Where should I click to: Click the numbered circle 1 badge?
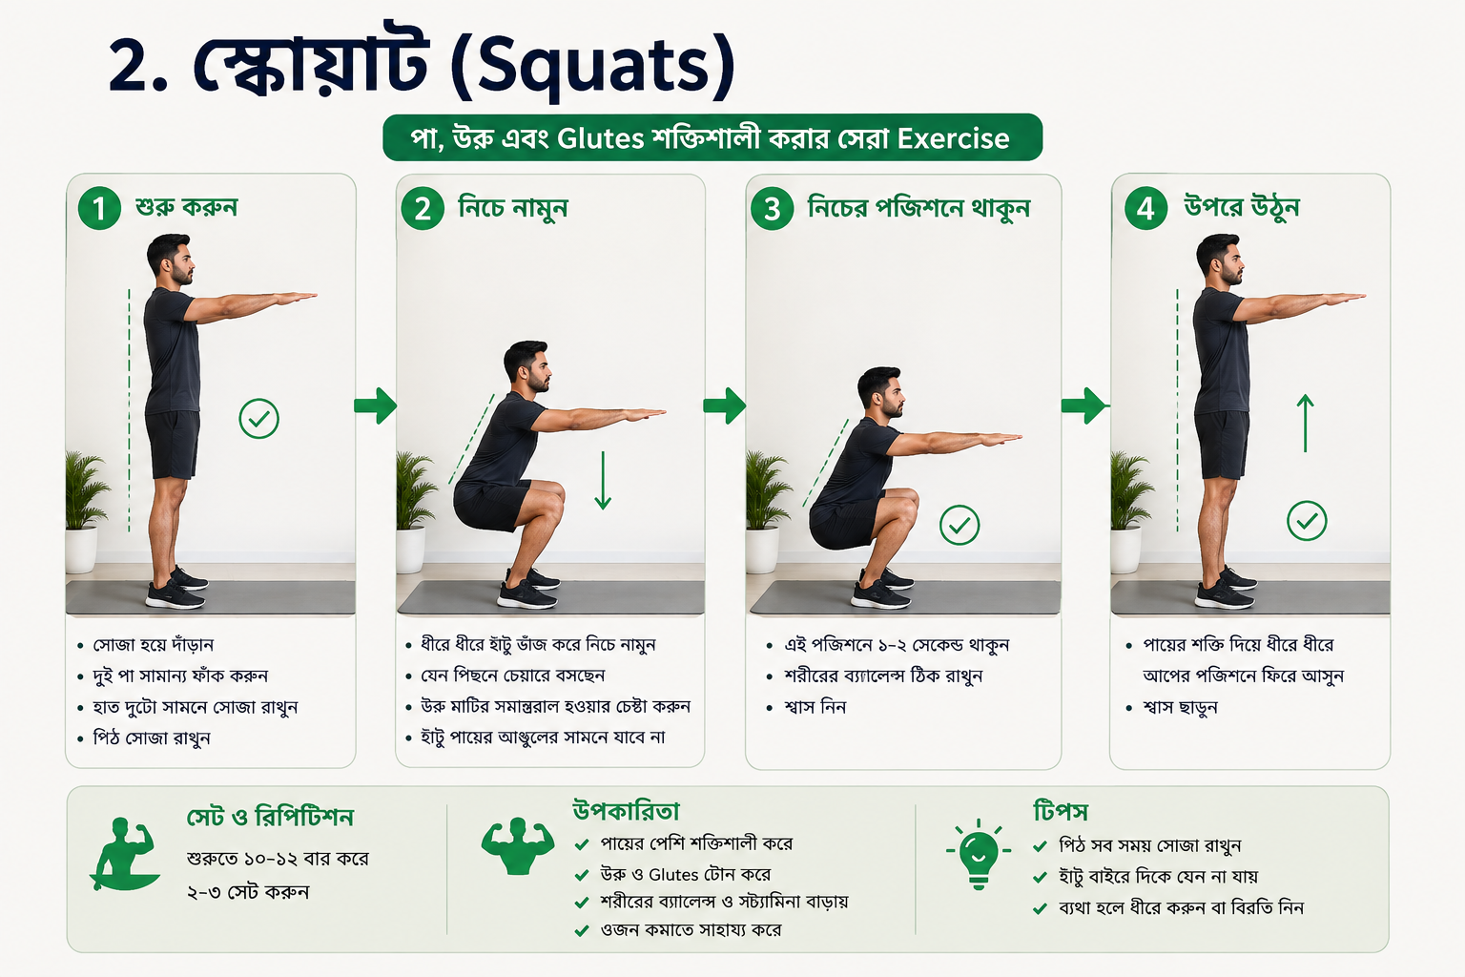99,208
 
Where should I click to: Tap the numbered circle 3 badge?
772,209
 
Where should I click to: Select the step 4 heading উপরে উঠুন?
1241,207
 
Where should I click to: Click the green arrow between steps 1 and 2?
376,405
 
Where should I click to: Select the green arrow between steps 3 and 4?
1083,405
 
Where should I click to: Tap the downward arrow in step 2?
603,480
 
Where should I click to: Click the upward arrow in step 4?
1305,423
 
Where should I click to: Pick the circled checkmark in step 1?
259,419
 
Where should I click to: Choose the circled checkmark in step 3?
959,525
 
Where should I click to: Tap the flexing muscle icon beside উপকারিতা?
517,845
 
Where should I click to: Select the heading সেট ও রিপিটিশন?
270,818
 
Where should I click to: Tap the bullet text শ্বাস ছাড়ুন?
1180,707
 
